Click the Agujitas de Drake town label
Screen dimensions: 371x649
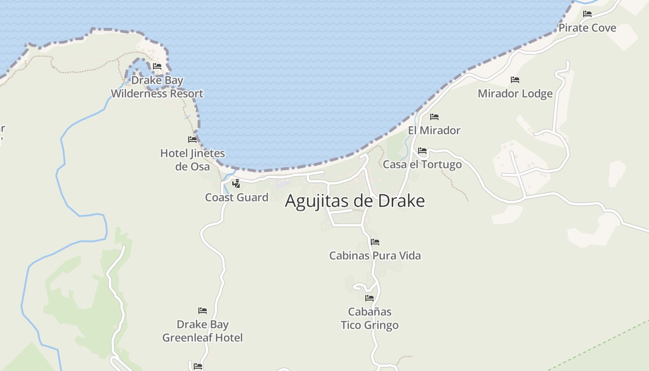tap(355, 201)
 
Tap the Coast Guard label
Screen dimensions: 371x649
tap(236, 198)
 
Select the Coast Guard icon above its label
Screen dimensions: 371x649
tap(236, 184)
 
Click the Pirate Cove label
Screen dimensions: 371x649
tap(587, 28)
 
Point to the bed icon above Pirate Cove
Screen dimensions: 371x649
tap(587, 14)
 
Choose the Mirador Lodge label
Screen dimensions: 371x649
tap(515, 94)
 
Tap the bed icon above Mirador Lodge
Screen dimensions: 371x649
tap(515, 80)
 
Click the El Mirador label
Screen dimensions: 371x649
tap(434, 130)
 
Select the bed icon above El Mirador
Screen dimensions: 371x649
tap(434, 117)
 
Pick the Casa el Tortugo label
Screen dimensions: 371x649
tap(422, 165)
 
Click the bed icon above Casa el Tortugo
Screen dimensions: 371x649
tap(422, 151)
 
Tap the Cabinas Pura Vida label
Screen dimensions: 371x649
tap(375, 256)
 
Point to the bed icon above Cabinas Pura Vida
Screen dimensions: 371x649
tap(375, 242)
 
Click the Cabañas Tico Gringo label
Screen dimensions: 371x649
tap(369, 318)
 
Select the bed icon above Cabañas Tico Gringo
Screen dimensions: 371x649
tap(369, 298)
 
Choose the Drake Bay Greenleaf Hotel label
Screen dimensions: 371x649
tap(202, 331)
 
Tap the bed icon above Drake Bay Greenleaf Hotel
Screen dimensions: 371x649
tap(203, 311)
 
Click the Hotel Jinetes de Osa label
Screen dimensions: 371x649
tap(192, 160)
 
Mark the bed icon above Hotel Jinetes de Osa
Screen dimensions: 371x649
tap(192, 140)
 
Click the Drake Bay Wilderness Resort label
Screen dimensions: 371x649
tap(157, 87)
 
